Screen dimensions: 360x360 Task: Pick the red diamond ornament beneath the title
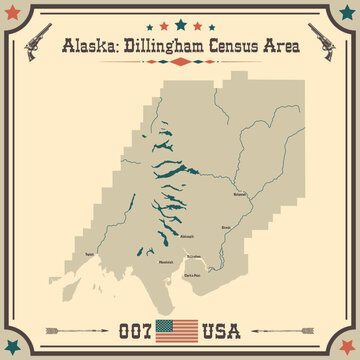[x=180, y=61]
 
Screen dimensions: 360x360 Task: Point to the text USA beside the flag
[x=224, y=330]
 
